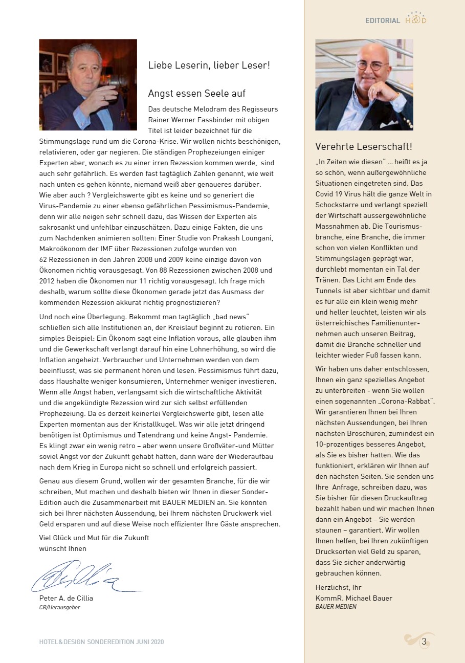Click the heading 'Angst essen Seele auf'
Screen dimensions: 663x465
click(197, 94)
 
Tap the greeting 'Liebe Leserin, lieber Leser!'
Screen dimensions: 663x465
click(209, 65)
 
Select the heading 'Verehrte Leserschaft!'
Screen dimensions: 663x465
click(363, 147)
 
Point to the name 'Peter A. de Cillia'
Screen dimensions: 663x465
click(66, 598)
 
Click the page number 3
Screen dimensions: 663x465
click(424, 642)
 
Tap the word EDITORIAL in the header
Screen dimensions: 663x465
click(383, 20)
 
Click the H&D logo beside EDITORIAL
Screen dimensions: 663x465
click(415, 19)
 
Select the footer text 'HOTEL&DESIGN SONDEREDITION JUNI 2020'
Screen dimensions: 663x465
click(101, 642)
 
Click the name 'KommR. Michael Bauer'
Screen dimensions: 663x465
click(354, 598)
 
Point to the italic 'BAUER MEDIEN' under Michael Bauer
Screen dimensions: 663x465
click(336, 607)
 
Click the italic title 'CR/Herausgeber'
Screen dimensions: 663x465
click(59, 607)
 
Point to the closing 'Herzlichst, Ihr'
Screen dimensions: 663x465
click(338, 587)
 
